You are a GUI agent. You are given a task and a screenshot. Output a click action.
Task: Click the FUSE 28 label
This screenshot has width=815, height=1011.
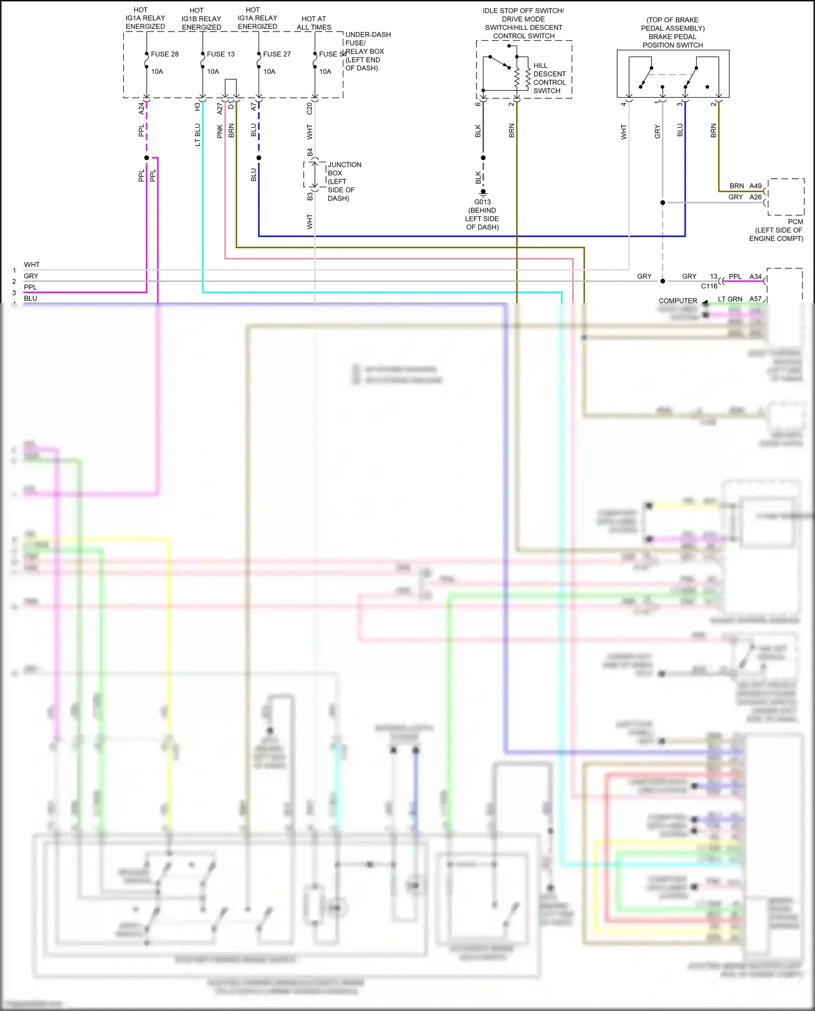pos(165,54)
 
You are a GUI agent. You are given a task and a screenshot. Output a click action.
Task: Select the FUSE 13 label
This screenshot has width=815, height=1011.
pos(221,54)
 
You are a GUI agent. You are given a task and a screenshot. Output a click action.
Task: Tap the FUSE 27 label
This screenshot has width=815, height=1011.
pos(277,54)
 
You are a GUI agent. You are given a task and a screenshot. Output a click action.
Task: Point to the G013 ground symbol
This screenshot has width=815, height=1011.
pos(483,192)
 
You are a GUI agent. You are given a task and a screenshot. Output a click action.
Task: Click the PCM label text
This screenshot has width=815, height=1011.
pos(795,222)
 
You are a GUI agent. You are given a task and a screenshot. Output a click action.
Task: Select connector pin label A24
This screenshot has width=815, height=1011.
pos(141,108)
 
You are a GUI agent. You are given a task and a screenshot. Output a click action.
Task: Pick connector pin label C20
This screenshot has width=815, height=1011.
pos(310,109)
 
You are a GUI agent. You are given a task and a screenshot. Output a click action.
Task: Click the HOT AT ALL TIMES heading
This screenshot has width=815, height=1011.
pos(314,23)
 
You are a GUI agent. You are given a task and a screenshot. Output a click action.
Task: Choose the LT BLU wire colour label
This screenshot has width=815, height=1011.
pos(198,135)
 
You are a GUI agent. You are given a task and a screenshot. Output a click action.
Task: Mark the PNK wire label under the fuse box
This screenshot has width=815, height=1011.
pos(220,131)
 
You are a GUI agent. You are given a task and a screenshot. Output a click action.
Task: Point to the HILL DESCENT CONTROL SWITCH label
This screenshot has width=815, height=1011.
pos(549,78)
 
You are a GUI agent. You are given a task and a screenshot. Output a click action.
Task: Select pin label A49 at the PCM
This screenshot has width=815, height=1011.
pos(755,186)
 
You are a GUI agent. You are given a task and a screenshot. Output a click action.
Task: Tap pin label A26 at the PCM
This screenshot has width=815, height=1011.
pos(755,197)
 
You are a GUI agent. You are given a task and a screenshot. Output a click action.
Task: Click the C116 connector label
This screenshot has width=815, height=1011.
pos(709,286)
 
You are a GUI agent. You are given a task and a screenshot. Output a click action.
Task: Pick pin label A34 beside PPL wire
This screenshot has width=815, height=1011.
pos(755,277)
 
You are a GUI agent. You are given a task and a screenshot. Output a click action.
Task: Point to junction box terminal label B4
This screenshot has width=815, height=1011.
pos(310,152)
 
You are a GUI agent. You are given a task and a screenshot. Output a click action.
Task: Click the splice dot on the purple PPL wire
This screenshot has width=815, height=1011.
pos(147,158)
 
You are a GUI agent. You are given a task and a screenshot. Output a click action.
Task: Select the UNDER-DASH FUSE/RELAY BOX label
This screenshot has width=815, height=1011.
pos(367,51)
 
